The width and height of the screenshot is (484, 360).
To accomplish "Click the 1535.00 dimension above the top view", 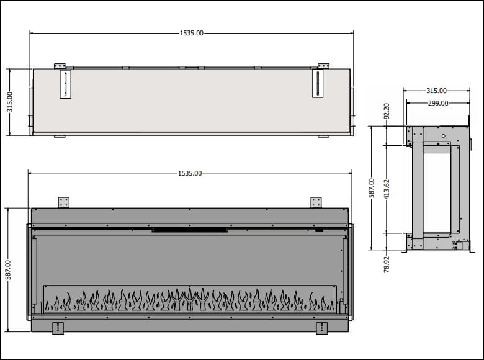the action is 192,33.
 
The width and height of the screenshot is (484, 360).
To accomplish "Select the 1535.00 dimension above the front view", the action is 190,173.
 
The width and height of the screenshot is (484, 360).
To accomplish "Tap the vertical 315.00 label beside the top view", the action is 10,102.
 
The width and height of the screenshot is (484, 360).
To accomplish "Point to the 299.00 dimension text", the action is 438,103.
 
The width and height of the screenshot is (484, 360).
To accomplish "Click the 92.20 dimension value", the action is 387,111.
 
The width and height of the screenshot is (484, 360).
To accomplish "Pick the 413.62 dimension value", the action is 387,189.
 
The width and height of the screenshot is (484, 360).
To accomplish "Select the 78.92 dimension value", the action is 387,264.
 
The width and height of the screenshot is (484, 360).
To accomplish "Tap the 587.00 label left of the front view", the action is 8,270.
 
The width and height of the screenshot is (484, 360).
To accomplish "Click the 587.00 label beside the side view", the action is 371,187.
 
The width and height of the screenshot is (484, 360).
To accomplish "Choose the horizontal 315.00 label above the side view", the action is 436,91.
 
